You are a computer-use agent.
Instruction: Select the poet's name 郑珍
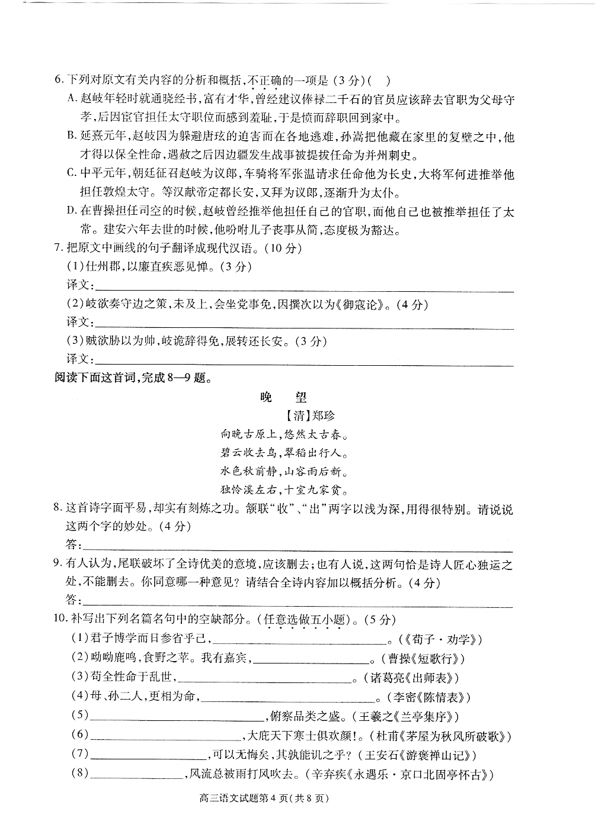click(x=322, y=415)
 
